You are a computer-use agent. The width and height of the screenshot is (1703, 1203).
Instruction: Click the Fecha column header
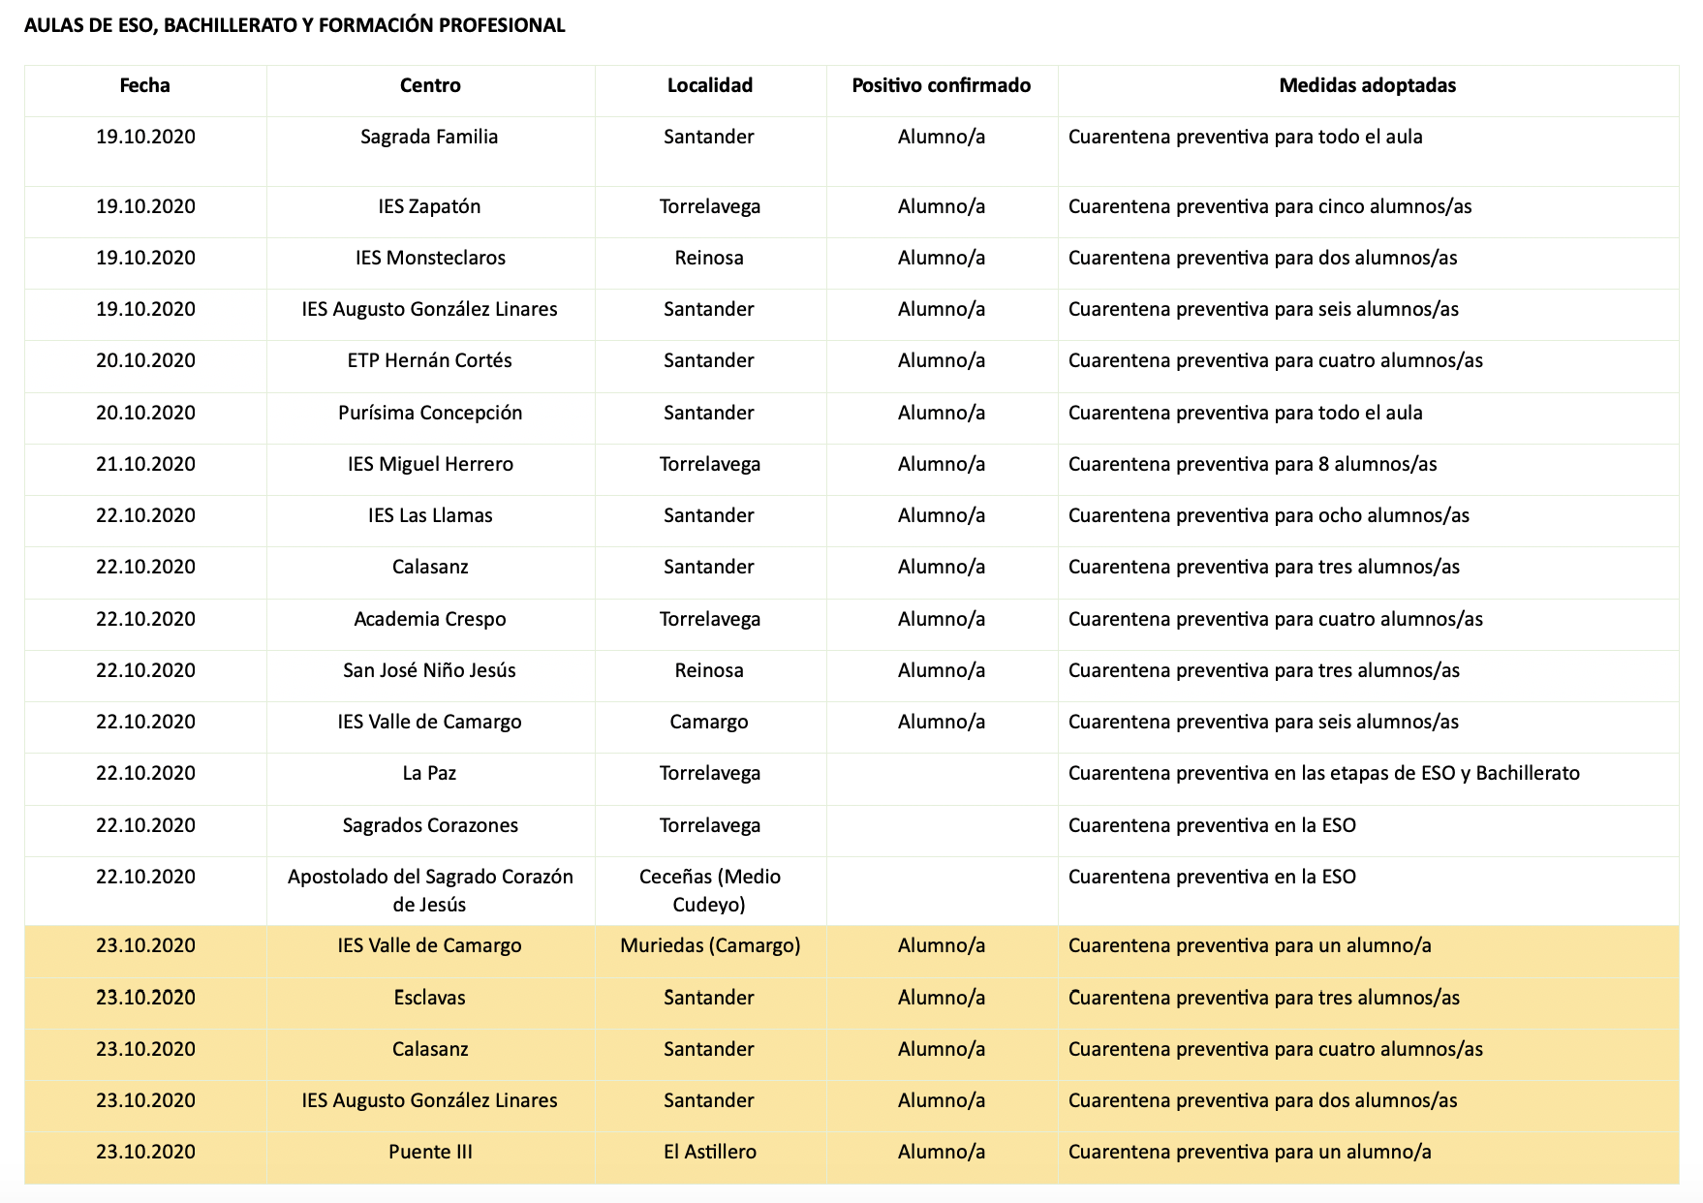(144, 85)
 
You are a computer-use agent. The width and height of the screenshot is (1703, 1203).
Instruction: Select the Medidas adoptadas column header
(1367, 85)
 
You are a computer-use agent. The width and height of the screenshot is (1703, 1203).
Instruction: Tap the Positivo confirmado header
(941, 85)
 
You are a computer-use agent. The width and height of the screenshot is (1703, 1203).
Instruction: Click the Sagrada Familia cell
(429, 137)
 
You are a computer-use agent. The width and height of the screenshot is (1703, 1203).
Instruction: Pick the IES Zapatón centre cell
(429, 206)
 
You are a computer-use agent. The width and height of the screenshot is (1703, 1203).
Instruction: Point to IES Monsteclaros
(430, 258)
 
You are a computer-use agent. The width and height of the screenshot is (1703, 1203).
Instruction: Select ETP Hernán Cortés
(429, 360)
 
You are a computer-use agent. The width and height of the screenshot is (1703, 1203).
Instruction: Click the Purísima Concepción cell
(430, 413)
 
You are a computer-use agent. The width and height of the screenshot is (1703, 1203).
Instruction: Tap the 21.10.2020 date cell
(145, 464)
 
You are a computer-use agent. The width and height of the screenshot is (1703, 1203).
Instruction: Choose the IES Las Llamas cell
(430, 515)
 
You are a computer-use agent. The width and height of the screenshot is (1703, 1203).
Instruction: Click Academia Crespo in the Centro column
(430, 619)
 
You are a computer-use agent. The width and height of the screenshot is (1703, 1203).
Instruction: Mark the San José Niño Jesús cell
(429, 670)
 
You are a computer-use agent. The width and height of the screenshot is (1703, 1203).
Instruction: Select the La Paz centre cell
(429, 773)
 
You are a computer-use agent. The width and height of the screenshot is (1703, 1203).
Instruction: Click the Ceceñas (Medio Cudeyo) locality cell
(709, 890)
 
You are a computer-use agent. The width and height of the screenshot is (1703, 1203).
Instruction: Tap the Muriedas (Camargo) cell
(710, 945)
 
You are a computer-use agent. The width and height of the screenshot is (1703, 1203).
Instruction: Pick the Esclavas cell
(429, 998)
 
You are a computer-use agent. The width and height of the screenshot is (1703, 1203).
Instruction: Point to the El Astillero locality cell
(709, 1152)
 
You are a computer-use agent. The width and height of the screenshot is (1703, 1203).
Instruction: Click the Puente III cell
(430, 1152)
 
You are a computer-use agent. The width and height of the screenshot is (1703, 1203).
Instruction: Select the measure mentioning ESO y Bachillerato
(1323, 773)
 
